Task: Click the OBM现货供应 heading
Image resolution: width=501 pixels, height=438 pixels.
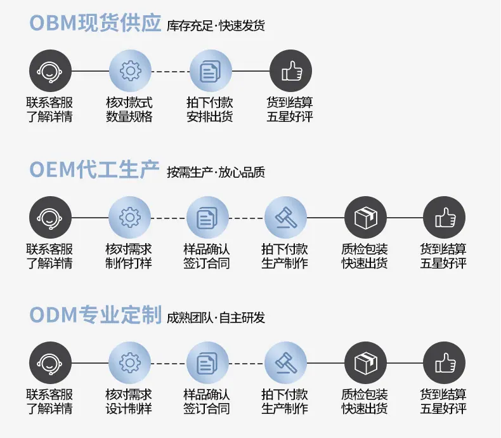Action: click(x=95, y=23)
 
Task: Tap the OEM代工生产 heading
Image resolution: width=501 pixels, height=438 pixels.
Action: click(x=94, y=169)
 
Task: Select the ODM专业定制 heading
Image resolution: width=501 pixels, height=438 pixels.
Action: click(x=95, y=315)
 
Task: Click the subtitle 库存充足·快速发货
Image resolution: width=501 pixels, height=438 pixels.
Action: click(x=216, y=26)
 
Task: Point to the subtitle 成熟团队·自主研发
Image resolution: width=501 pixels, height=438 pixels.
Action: click(x=216, y=318)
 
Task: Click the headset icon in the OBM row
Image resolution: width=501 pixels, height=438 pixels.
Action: click(x=50, y=70)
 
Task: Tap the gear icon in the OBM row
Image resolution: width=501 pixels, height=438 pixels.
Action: click(x=130, y=70)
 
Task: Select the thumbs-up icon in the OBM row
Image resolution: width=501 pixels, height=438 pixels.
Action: click(x=290, y=70)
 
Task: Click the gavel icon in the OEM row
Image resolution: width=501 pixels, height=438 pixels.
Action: click(x=285, y=217)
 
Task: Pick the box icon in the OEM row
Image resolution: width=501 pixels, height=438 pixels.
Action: click(x=365, y=217)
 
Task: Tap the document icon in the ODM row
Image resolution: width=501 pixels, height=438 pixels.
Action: click(x=207, y=363)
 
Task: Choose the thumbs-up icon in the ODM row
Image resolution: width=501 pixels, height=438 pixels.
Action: click(x=444, y=363)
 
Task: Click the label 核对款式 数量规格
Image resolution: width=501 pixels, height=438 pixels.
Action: click(x=129, y=110)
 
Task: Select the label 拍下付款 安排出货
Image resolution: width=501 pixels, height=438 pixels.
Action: click(x=210, y=110)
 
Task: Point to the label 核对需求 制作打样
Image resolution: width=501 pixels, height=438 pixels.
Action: click(x=129, y=256)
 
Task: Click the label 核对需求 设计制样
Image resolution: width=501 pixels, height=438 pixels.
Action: click(x=129, y=402)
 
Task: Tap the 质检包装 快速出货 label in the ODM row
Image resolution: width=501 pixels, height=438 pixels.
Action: click(x=365, y=402)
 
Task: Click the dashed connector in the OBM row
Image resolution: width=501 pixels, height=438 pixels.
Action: click(x=171, y=71)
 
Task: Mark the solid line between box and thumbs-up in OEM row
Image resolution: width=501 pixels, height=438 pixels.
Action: click(x=405, y=218)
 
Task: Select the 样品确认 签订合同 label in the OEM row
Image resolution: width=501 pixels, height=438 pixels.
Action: click(x=206, y=256)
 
